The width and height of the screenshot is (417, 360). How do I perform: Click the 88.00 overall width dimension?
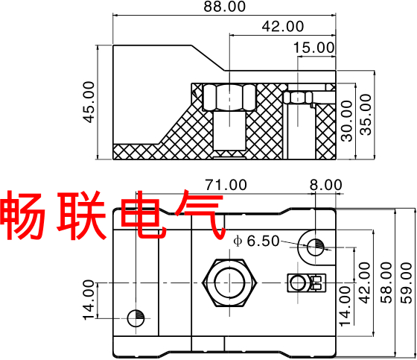(224, 7)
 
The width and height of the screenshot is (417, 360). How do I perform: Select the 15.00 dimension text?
(313, 48)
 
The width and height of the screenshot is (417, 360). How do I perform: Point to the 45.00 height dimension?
(89, 102)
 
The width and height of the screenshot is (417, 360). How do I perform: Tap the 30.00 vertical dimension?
(347, 121)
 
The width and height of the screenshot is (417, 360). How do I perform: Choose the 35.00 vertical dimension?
(366, 115)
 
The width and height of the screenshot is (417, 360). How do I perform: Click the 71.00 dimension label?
(226, 185)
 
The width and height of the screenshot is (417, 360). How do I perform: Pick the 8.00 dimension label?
(326, 185)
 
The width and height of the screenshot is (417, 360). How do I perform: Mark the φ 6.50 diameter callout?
(256, 241)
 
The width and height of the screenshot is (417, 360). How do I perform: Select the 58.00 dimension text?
(386, 282)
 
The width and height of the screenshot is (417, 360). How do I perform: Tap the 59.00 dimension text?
(407, 282)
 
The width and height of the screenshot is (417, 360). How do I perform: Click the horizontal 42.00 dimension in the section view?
(283, 26)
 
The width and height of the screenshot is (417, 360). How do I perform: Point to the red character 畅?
(22, 215)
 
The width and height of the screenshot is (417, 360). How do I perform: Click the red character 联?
(81, 215)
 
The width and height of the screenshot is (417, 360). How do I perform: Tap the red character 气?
(199, 215)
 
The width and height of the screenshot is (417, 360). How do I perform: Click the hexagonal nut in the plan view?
(229, 282)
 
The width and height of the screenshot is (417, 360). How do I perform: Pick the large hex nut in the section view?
(229, 97)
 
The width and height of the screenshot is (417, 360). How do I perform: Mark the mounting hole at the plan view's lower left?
(136, 318)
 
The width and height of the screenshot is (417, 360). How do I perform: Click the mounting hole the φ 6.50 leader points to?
(316, 247)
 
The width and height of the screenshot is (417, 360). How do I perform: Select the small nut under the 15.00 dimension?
(298, 98)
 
